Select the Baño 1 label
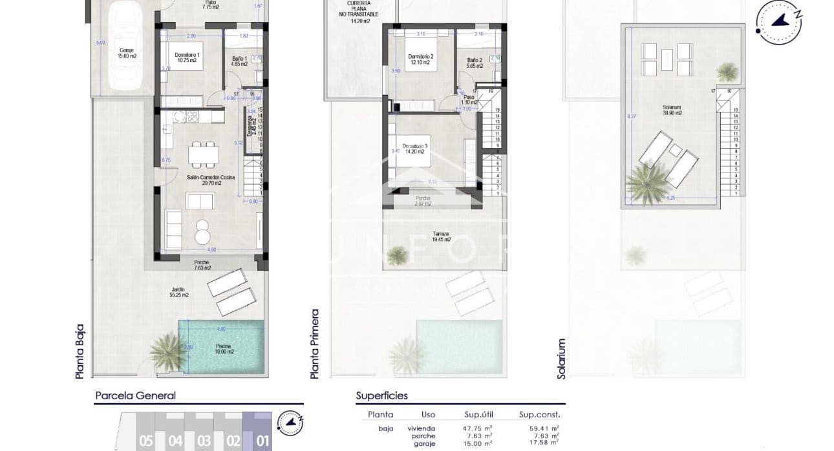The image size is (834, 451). tap(237, 62)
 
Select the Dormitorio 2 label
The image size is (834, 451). tap(420, 59)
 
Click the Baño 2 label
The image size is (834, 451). tap(475, 63)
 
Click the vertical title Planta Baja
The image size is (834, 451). tap(80, 351)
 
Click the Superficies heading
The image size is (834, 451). tap(381, 395)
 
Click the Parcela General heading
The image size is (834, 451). tap(135, 396)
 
